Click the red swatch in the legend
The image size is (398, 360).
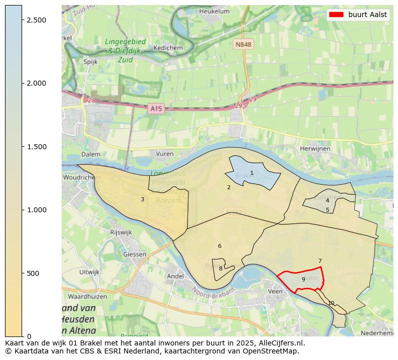pyautogui.click(x=336, y=15)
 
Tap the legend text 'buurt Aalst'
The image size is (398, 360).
pyautogui.click(x=367, y=15)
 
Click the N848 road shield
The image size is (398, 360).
pyautogui.click(x=243, y=45)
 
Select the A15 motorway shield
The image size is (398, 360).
pyautogui.click(x=156, y=108)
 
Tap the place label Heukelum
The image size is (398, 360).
pyautogui.click(x=214, y=11)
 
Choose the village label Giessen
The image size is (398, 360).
pyautogui.click(x=135, y=254)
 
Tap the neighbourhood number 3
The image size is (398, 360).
pyautogui.click(x=142, y=200)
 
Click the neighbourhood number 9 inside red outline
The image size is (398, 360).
pyautogui.click(x=303, y=279)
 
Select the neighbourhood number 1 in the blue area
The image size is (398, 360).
pyautogui.click(x=252, y=173)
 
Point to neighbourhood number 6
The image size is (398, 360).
pyautogui.click(x=220, y=246)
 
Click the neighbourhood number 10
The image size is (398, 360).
pyautogui.click(x=331, y=303)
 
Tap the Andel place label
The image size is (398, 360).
pyautogui.click(x=175, y=276)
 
